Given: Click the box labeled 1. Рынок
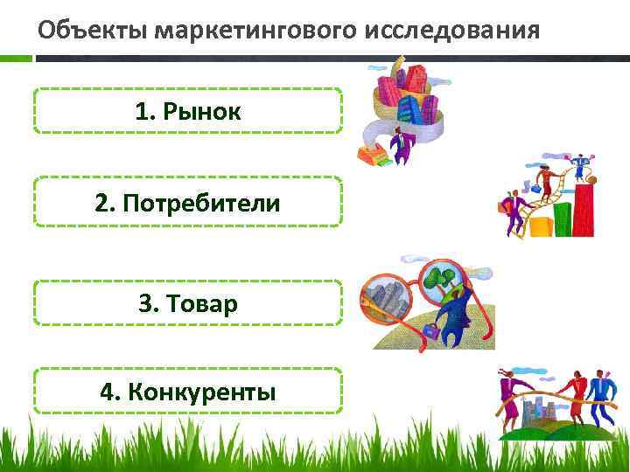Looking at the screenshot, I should tap(187, 110).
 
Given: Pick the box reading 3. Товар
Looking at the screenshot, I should tap(187, 303).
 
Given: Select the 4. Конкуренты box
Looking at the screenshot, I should tap(187, 390).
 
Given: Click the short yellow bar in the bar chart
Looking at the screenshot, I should tap(540, 226).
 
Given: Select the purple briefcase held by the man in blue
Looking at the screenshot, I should tap(432, 330).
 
